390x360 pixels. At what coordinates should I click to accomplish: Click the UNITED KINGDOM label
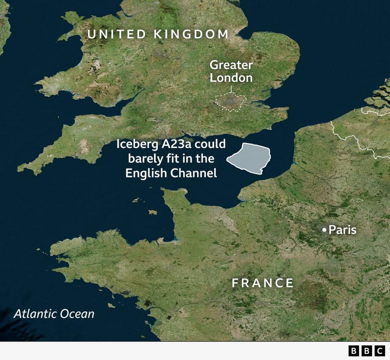click(x=158, y=34)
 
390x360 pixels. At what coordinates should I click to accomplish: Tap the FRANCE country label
click(x=263, y=283)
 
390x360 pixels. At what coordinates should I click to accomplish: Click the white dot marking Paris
click(x=324, y=230)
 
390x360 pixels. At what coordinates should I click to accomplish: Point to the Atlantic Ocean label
click(x=54, y=314)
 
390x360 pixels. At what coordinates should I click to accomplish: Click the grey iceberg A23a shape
click(x=250, y=158)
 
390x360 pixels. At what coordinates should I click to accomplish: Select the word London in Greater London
click(x=231, y=78)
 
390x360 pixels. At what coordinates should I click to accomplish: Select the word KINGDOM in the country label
click(x=191, y=34)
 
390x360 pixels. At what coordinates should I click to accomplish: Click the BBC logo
click(x=366, y=351)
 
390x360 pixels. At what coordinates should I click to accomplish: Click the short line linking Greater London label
click(x=231, y=89)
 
